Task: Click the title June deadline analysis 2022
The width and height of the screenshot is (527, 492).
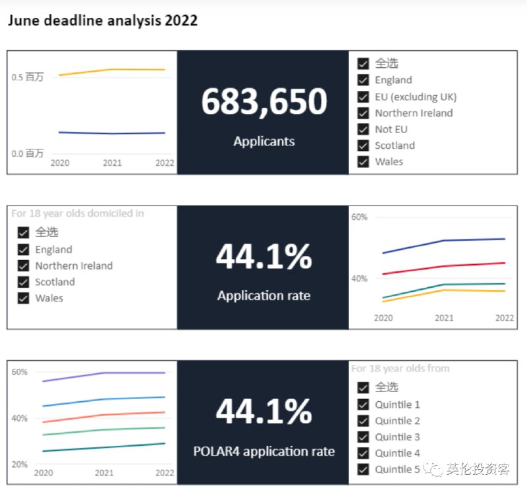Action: tap(102, 20)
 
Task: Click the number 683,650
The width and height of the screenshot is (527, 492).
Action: tap(263, 102)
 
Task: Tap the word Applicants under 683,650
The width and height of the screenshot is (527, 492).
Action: tap(263, 141)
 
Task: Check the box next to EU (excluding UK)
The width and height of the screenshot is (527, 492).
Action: tap(363, 97)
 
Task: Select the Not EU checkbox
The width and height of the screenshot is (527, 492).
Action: tap(363, 129)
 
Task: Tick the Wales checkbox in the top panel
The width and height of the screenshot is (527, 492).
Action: tap(363, 161)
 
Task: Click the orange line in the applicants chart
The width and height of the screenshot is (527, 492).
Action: tap(112, 69)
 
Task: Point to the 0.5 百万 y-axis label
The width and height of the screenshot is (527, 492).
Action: tap(28, 77)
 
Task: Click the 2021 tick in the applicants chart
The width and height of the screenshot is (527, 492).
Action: tap(112, 163)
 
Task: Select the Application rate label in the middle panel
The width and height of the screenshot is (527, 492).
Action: tap(263, 296)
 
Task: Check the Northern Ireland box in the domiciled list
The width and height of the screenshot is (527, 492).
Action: tap(24, 266)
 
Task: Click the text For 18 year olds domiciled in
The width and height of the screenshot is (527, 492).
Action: tap(78, 213)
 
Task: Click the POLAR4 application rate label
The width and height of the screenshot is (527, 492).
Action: tap(263, 451)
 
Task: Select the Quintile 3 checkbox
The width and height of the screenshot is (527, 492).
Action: tap(363, 437)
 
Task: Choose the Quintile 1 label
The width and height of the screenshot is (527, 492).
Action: tap(397, 404)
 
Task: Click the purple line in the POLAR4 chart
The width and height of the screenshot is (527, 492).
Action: tap(105, 373)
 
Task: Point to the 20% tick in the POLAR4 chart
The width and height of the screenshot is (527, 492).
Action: tap(20, 464)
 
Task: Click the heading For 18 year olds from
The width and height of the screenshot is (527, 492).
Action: tap(400, 368)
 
